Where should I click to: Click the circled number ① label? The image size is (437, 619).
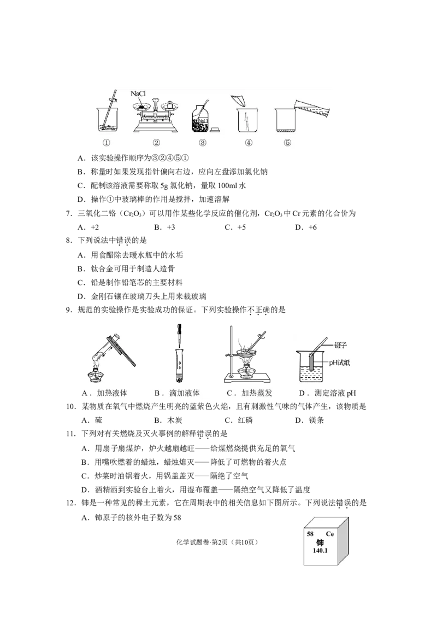point(107,143)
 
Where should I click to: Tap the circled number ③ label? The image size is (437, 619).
point(203,143)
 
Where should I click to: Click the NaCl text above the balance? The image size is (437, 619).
point(140,94)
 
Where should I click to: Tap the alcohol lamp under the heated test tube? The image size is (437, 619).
point(98,376)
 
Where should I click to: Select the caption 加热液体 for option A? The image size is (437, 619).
point(112,393)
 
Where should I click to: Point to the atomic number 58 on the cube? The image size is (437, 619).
point(310,534)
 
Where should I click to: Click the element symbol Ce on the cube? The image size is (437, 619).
point(329,534)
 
